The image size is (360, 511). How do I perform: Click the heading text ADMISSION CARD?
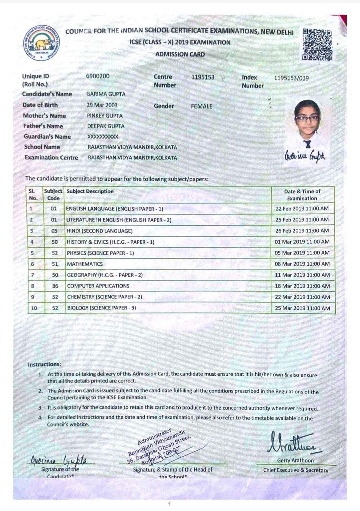pyautogui.click(x=180, y=54)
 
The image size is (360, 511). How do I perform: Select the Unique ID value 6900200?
pyautogui.click(x=98, y=76)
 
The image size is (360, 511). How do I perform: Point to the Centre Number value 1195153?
pyautogui.click(x=203, y=77)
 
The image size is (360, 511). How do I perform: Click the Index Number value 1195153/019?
pyautogui.click(x=291, y=78)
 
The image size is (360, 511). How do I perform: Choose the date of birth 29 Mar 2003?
pyautogui.click(x=102, y=105)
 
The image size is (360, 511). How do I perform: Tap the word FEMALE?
pyautogui.click(x=202, y=106)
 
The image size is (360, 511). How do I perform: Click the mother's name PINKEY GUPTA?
pyautogui.click(x=105, y=116)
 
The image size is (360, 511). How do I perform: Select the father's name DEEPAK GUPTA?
pyautogui.click(x=106, y=126)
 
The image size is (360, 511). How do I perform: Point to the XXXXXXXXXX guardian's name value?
pyautogui.click(x=103, y=137)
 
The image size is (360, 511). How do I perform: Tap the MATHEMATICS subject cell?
pyautogui.click(x=85, y=264)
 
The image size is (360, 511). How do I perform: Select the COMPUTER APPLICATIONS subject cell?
pyautogui.click(x=98, y=286)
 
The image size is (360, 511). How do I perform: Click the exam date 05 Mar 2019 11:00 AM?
pyautogui.click(x=302, y=253)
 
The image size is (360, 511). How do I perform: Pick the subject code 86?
pyautogui.click(x=55, y=286)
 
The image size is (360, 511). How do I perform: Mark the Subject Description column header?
pyautogui.click(x=90, y=192)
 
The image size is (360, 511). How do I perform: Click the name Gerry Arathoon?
pyautogui.click(x=295, y=461)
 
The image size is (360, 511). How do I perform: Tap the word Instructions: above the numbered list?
pyautogui.click(x=44, y=364)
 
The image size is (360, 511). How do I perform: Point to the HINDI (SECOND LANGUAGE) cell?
pyautogui.click(x=100, y=231)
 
